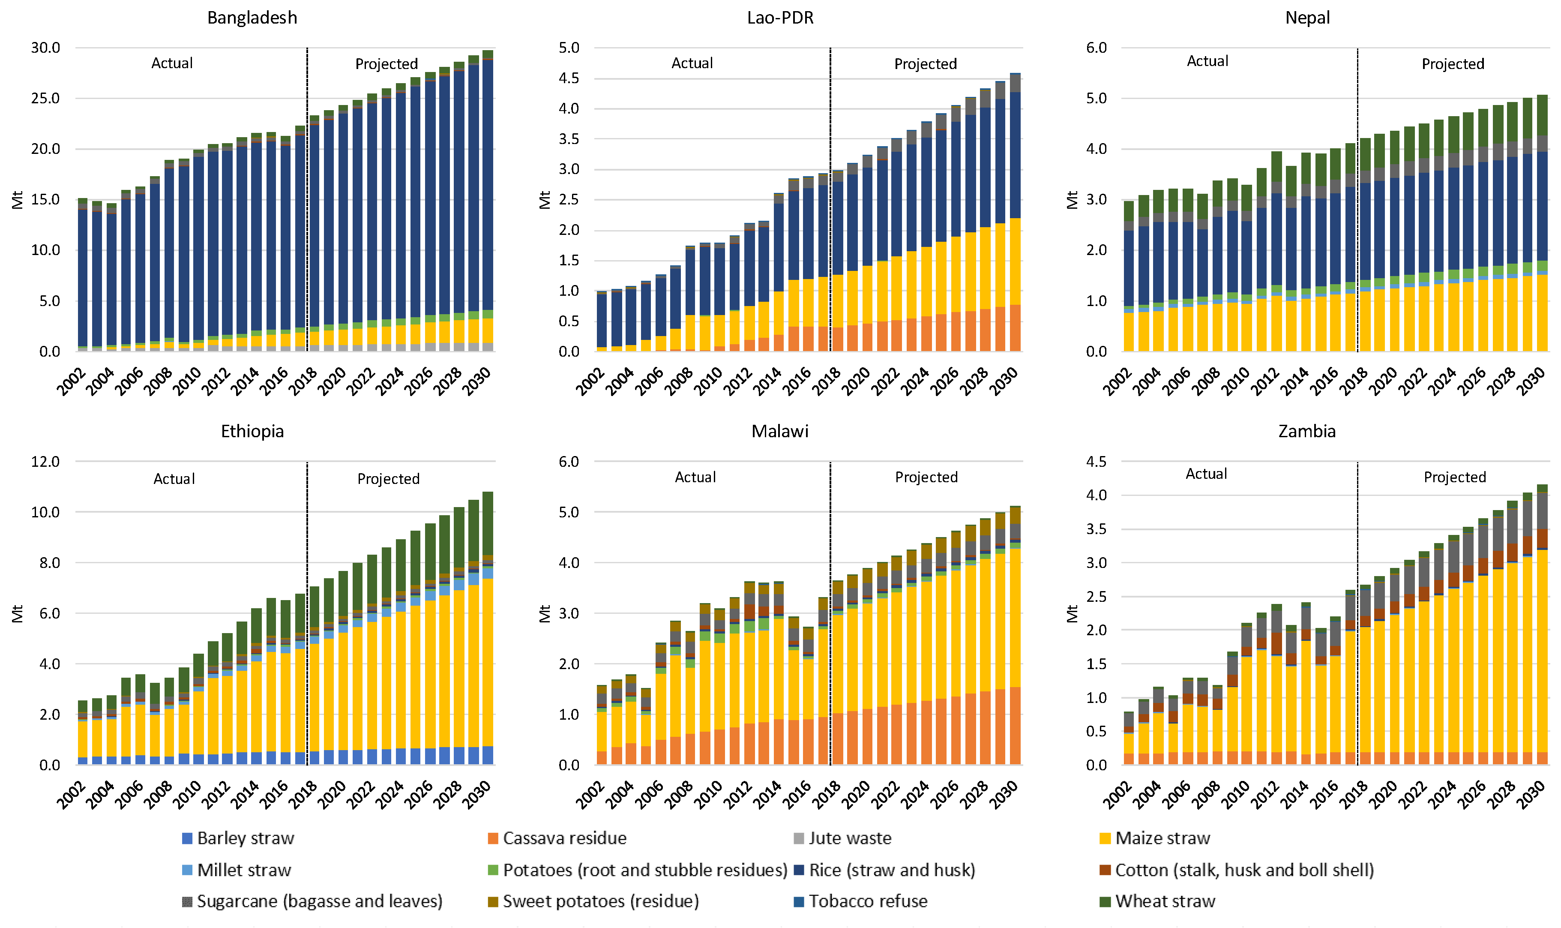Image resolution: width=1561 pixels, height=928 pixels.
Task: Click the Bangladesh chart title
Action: pyautogui.click(x=252, y=18)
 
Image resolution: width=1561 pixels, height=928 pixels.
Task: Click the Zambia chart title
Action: pyautogui.click(x=1306, y=432)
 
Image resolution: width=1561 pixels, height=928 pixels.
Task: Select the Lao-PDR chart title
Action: pyautogui.click(x=780, y=18)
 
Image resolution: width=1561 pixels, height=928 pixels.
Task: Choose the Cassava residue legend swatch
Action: pyautogui.click(x=493, y=838)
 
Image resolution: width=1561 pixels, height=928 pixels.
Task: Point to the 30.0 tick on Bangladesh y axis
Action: pyautogui.click(x=46, y=48)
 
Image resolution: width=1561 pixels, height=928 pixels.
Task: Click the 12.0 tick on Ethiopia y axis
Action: pyautogui.click(x=46, y=462)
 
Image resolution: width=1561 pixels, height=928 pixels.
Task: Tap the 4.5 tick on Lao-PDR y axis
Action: pyautogui.click(x=569, y=78)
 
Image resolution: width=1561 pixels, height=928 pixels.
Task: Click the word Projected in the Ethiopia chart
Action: pyautogui.click(x=388, y=479)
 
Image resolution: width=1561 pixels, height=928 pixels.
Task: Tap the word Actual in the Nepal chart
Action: pyautogui.click(x=1207, y=61)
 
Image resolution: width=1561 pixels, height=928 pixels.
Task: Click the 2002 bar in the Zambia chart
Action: pyautogui.click(x=1128, y=738)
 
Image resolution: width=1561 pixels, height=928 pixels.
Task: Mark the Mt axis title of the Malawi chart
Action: pyautogui.click(x=545, y=613)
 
